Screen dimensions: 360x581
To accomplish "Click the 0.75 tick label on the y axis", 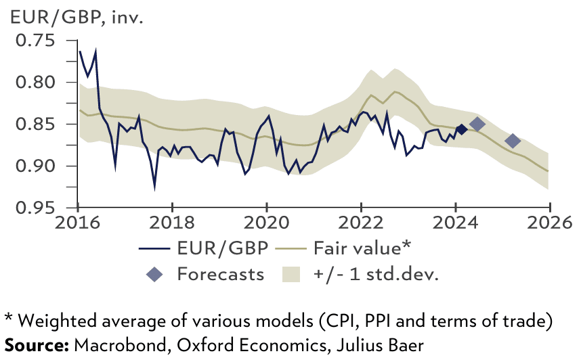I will coord(37,41).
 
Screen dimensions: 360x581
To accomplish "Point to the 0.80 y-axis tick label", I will coord(37,83).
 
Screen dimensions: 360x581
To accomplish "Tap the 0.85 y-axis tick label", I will coord(37,124).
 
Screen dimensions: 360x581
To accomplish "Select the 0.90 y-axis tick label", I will coord(37,166).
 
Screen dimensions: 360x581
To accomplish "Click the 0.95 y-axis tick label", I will coord(37,208).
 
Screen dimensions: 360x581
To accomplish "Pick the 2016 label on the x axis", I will coord(78,223).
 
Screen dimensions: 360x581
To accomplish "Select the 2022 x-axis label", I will coord(361,223).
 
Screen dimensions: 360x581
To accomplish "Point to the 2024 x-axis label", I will coord(455,223).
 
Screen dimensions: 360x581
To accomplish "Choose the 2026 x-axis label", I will coord(549,223).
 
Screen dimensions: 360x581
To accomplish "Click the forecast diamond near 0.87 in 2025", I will coord(513,141).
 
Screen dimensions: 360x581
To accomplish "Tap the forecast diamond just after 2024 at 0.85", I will coord(477,124).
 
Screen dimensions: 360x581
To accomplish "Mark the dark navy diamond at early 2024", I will coord(461,129).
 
